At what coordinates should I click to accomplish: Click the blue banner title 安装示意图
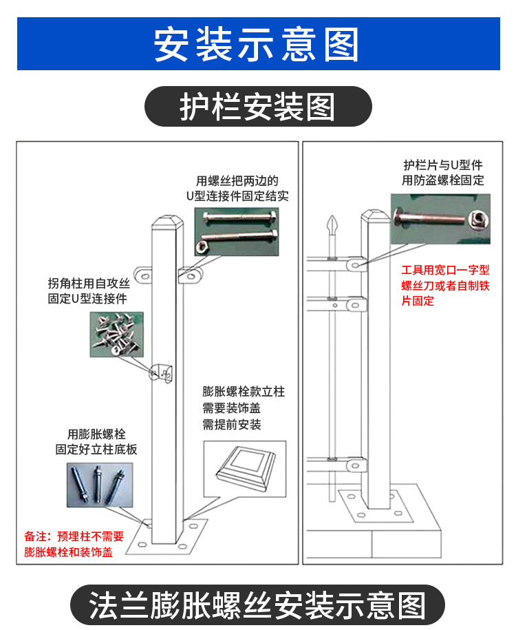tap(257, 43)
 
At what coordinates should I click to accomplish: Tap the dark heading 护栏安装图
tap(257, 107)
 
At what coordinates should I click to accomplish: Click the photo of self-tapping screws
tap(116, 333)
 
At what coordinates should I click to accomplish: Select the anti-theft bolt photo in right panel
tap(440, 219)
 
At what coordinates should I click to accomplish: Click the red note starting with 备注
tap(74, 544)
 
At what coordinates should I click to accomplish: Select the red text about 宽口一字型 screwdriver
tap(445, 286)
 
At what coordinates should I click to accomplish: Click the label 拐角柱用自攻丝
tap(88, 283)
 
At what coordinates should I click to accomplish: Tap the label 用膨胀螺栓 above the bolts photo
tap(96, 434)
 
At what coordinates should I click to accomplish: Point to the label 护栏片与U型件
tap(443, 165)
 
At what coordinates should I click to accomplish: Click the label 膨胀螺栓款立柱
tap(244, 392)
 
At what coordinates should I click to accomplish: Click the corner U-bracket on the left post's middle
tap(160, 371)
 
